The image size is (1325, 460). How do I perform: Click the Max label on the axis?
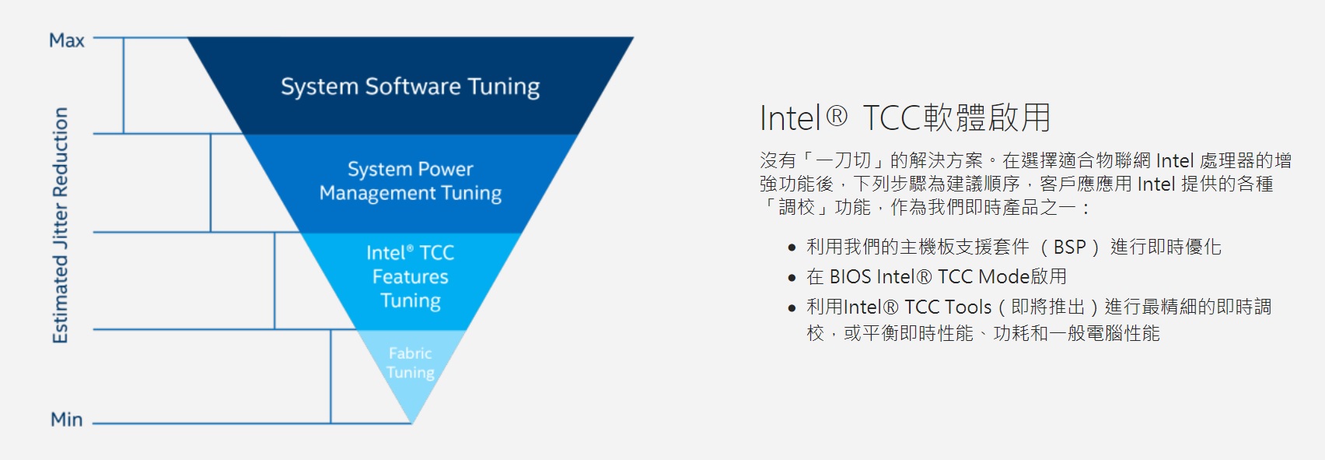(67, 40)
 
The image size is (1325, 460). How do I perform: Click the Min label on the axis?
(66, 420)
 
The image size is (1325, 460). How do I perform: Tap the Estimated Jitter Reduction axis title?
(61, 225)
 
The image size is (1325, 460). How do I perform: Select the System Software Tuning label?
(410, 87)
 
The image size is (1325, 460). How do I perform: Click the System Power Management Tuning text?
(411, 181)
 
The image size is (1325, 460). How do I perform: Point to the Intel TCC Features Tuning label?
(411, 276)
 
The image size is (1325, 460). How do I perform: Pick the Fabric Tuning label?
(411, 363)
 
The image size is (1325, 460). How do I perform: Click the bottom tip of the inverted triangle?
(412, 424)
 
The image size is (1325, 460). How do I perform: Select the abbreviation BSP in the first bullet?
(1070, 247)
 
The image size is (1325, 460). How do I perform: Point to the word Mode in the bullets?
(1005, 276)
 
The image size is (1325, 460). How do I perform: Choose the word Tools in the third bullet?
(968, 307)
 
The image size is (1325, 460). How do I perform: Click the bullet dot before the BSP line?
(792, 248)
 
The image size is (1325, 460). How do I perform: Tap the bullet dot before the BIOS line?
(792, 278)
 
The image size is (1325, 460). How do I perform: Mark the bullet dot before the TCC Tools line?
(792, 308)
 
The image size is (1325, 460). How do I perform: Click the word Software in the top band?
(413, 86)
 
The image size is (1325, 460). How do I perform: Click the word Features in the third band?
(411, 276)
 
